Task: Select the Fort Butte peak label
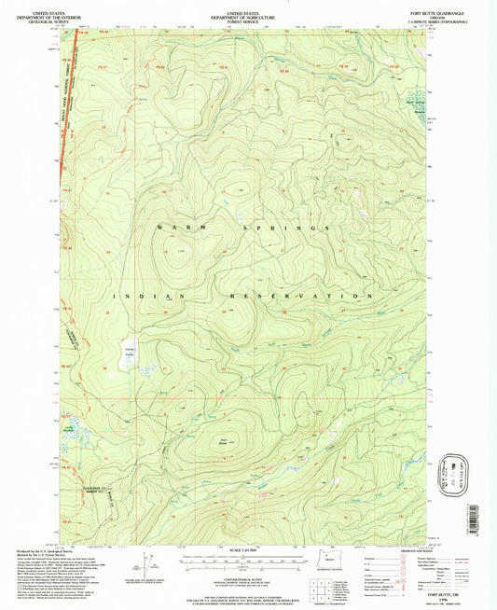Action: coord(224,441)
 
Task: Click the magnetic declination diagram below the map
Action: coord(149,563)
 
